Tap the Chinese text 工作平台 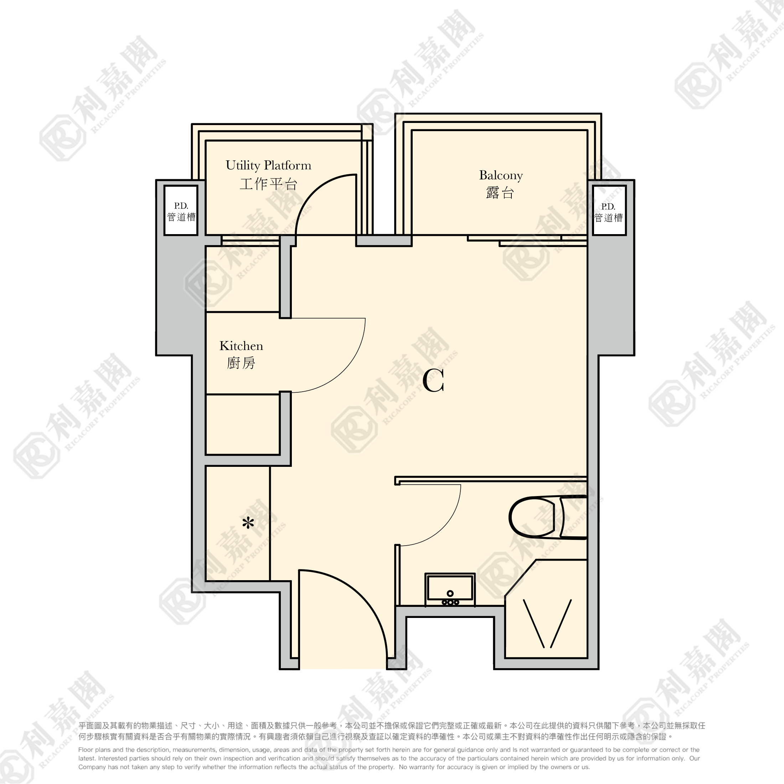pyautogui.click(x=269, y=184)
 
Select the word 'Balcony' pyautogui.click(x=501, y=175)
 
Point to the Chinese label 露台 pyautogui.click(x=500, y=193)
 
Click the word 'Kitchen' pyautogui.click(x=241, y=346)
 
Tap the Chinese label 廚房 pyautogui.click(x=241, y=363)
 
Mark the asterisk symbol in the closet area pyautogui.click(x=248, y=523)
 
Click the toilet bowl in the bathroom pyautogui.click(x=532, y=517)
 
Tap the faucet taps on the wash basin pyautogui.click(x=450, y=602)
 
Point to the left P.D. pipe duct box pyautogui.click(x=181, y=210)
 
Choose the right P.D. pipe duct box pyautogui.click(x=609, y=210)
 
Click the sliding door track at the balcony pyautogui.click(x=527, y=241)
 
